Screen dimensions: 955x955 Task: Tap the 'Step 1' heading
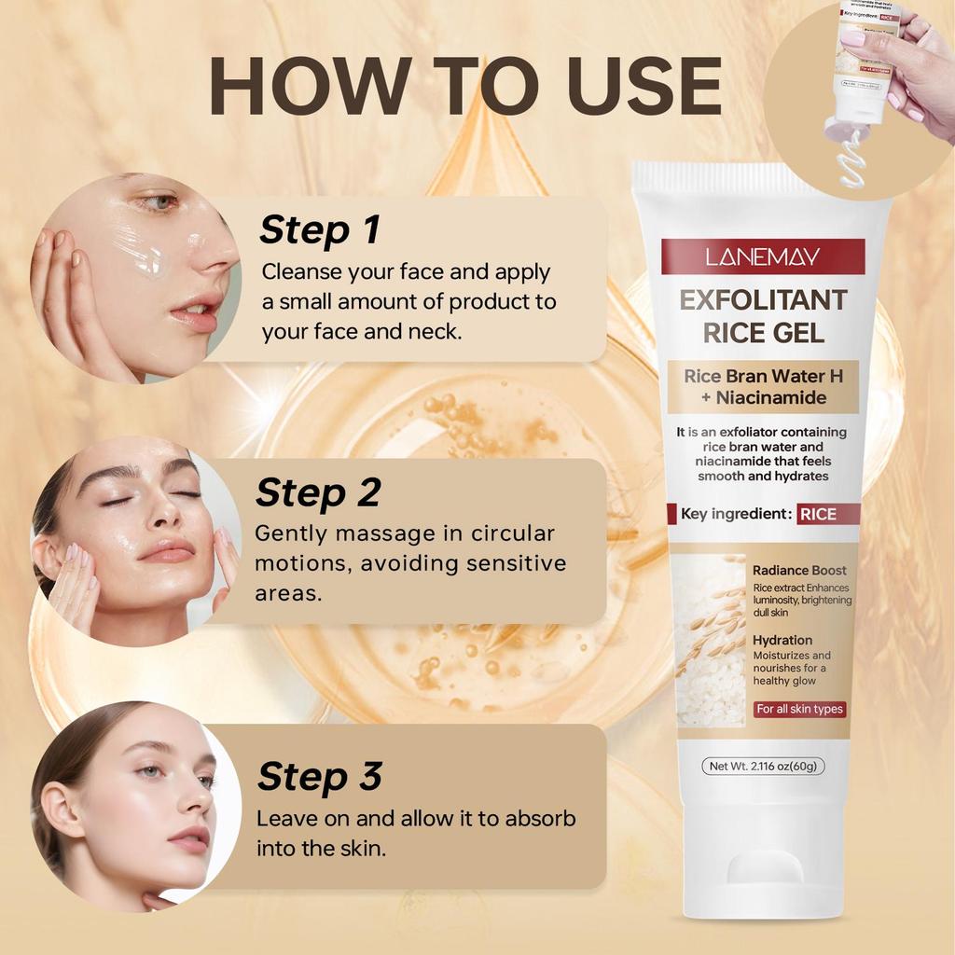click(320, 229)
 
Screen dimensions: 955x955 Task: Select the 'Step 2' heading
click(318, 492)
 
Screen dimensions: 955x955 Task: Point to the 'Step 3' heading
click(320, 776)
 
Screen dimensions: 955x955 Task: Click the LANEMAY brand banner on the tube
click(763, 256)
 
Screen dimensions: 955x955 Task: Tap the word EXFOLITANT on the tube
click(763, 300)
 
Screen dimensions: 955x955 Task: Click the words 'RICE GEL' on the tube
click(763, 332)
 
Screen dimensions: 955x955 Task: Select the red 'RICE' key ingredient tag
click(817, 514)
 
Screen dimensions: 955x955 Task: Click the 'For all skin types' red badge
click(799, 709)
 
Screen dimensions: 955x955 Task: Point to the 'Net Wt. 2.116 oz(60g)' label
click(763, 766)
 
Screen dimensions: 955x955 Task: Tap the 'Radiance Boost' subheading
click(799, 570)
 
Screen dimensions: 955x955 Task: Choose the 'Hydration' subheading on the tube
click(782, 640)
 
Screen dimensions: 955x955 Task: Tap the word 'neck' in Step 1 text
click(434, 331)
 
